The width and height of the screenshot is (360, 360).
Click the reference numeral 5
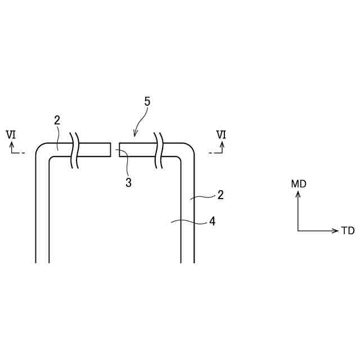click(x=147, y=102)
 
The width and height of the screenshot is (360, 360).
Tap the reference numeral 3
click(x=128, y=183)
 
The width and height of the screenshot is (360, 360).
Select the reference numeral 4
click(x=212, y=222)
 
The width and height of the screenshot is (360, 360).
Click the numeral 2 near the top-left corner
click(x=57, y=120)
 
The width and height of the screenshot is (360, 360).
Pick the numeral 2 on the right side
click(x=220, y=195)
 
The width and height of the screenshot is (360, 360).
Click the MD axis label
click(x=299, y=184)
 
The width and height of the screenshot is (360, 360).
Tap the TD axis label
click(x=348, y=231)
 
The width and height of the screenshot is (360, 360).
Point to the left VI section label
click(x=11, y=134)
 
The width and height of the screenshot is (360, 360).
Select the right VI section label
click(x=222, y=134)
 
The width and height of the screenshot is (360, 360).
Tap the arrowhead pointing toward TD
click(x=335, y=231)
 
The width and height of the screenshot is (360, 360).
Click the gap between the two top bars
click(x=115, y=149)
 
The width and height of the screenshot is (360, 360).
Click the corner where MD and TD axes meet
click(x=298, y=231)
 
